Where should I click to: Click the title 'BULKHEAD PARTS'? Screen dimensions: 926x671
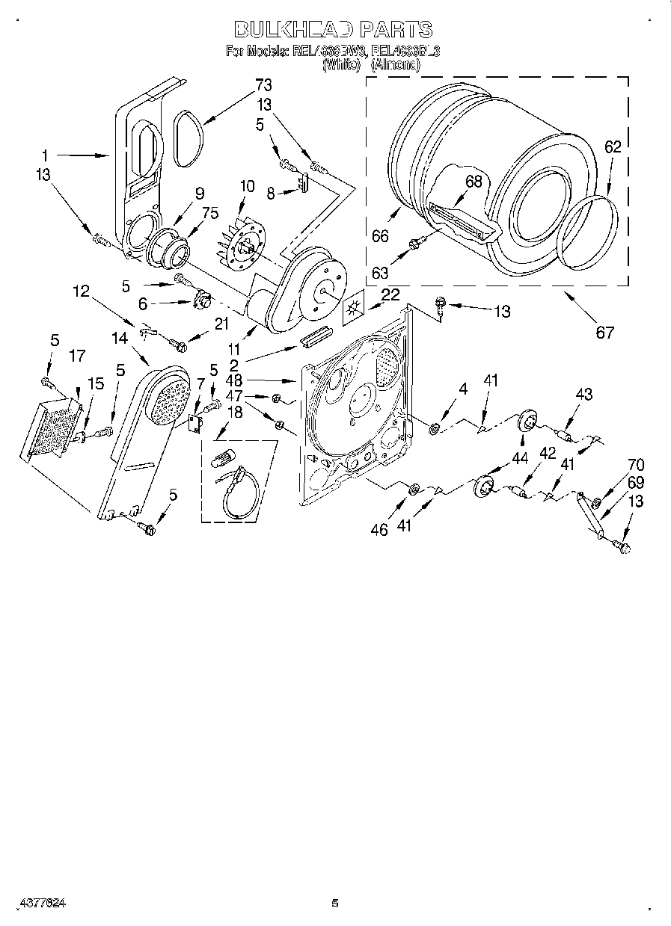[334, 29]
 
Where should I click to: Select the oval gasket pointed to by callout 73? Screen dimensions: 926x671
[187, 138]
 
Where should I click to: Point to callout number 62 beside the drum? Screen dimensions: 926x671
[613, 147]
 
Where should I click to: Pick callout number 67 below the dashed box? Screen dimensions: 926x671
[604, 332]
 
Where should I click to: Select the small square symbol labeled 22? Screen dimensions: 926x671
[353, 308]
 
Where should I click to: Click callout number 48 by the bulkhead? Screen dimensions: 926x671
[234, 380]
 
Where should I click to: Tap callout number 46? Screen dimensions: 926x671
[379, 529]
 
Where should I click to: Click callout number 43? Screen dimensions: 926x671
[583, 394]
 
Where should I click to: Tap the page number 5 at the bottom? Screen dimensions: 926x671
[335, 903]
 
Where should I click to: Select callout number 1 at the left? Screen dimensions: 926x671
[45, 155]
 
